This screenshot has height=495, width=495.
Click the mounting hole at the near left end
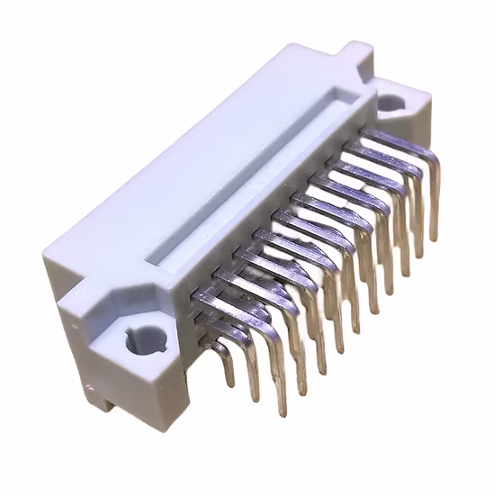click(x=144, y=340)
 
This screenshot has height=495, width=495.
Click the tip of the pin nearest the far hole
click(x=434, y=237)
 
